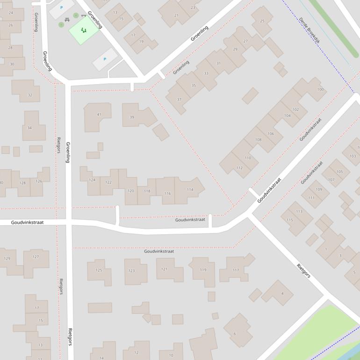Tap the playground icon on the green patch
point(84,30)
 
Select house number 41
point(99,115)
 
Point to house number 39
point(132,117)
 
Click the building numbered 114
point(190,189)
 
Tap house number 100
point(320,90)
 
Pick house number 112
point(239,168)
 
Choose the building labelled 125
point(99,270)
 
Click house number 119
point(203,270)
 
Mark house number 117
point(236,270)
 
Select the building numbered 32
point(30,95)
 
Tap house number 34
point(30,128)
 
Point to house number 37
point(179,100)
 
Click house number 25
point(262,21)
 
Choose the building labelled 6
point(235,333)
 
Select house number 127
point(36,257)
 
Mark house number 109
point(319,189)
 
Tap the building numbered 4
point(282,294)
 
